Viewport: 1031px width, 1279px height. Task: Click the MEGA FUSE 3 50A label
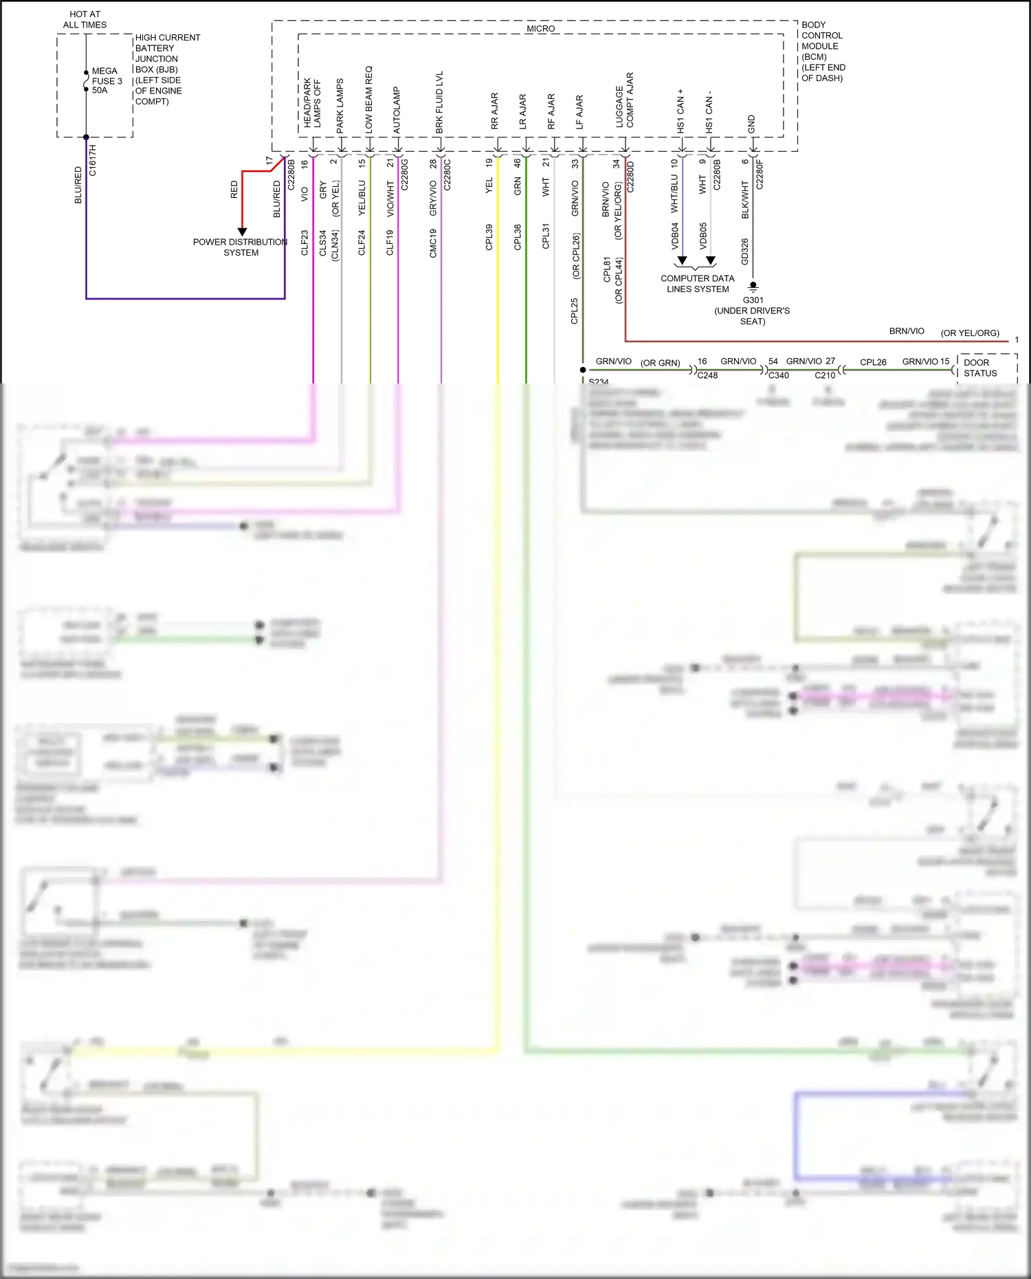click(x=107, y=80)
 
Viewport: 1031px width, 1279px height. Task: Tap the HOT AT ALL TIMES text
click(x=85, y=19)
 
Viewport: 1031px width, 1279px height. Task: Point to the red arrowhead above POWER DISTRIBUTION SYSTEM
click(x=242, y=232)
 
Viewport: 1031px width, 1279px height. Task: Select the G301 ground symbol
click(x=753, y=286)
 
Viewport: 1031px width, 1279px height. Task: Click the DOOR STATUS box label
click(x=979, y=368)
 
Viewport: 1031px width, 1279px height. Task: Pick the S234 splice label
click(x=599, y=381)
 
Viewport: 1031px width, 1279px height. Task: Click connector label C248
click(x=707, y=375)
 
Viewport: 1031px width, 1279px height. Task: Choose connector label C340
click(x=779, y=375)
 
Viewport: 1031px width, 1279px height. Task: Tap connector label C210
click(x=825, y=375)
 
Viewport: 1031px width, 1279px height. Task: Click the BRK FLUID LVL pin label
click(x=439, y=102)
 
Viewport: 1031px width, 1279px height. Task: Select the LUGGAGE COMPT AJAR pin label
click(x=625, y=100)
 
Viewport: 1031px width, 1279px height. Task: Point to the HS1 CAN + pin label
click(x=680, y=111)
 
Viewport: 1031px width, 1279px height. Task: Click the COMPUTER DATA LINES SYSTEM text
click(x=697, y=284)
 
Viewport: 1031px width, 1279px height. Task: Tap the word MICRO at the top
click(x=540, y=28)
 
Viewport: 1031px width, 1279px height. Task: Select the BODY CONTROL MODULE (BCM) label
click(x=822, y=51)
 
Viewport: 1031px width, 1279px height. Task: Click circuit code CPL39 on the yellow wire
click(x=489, y=237)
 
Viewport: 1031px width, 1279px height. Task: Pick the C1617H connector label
click(x=93, y=161)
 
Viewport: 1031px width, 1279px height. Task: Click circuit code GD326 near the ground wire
click(x=744, y=252)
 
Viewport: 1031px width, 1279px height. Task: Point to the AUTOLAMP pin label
click(x=397, y=110)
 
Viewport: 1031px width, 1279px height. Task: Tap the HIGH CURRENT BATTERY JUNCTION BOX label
click(x=167, y=69)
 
